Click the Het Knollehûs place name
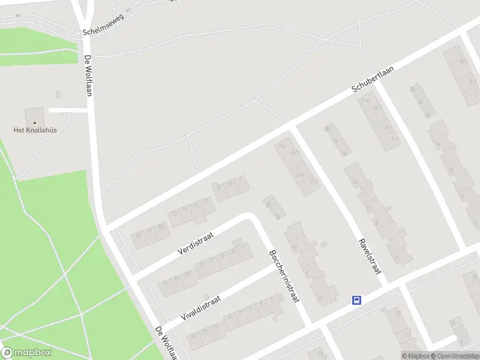(x=35, y=129)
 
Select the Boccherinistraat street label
(x=284, y=276)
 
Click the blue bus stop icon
(x=356, y=301)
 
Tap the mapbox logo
(x=26, y=352)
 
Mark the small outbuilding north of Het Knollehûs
(x=58, y=95)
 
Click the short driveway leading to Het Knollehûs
(x=67, y=110)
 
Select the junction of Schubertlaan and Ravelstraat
(x=293, y=128)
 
